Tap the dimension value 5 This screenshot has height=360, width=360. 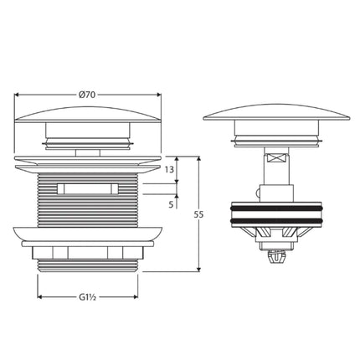170,203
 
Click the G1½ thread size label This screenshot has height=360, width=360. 86,296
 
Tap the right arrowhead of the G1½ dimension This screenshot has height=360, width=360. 134,296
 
